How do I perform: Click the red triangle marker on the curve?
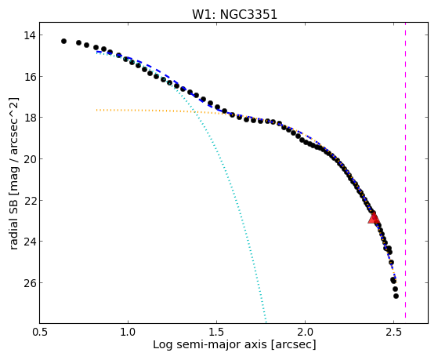pos(374,218)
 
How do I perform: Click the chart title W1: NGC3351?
pos(234,15)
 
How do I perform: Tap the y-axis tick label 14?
pos(29,35)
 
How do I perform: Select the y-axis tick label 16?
pos(29,76)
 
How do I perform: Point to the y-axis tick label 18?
pos(29,118)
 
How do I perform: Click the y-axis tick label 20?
pos(29,159)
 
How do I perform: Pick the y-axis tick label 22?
pos(29,200)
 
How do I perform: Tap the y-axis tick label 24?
pos(29,242)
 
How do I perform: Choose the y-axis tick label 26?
pos(29,283)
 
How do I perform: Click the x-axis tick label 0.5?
pos(40,333)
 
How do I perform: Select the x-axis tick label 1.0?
pos(128,333)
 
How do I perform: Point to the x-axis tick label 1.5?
pos(216,333)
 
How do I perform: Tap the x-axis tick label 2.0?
pos(305,333)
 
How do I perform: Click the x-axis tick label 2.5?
pos(393,333)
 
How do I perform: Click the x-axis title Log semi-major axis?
pos(210,345)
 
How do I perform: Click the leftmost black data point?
pos(63,41)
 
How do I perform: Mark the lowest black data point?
pos(396,296)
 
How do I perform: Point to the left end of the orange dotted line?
pos(96,111)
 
